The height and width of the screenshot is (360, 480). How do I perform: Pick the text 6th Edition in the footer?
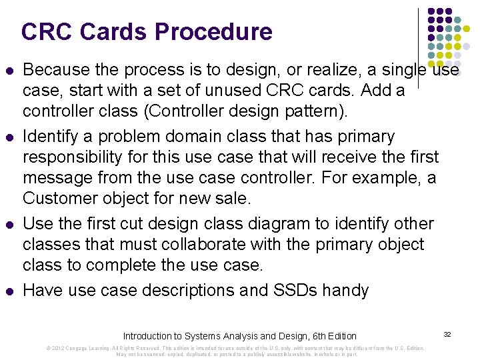[x=332, y=336]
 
